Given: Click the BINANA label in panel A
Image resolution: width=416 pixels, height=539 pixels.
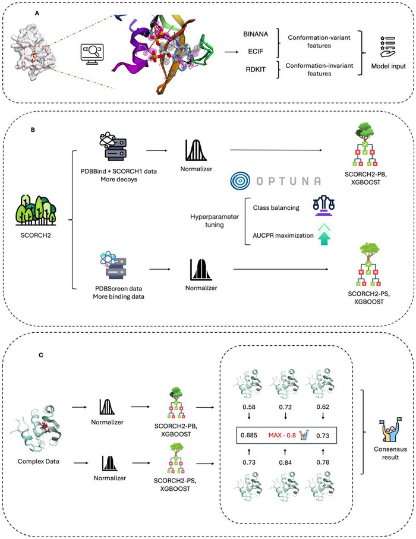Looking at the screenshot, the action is pyautogui.click(x=256, y=34).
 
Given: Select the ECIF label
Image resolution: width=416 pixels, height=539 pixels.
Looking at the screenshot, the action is pyautogui.click(x=256, y=51).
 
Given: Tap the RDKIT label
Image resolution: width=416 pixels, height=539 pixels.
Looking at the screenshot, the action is pyautogui.click(x=256, y=70).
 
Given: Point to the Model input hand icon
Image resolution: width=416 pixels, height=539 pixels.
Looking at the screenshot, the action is pyautogui.click(x=388, y=47).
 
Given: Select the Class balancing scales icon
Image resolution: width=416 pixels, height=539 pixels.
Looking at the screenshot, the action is pyautogui.click(x=323, y=206).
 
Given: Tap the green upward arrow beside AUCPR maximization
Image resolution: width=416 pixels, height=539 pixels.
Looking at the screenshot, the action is pyautogui.click(x=323, y=234).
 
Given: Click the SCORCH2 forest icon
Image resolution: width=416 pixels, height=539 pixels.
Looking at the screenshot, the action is pyautogui.click(x=36, y=210).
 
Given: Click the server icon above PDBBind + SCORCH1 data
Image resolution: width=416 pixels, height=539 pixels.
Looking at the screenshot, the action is pyautogui.click(x=113, y=147).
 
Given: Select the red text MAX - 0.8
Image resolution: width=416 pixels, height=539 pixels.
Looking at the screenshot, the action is pyautogui.click(x=282, y=435).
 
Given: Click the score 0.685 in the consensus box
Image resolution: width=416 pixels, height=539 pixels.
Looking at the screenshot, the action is pyautogui.click(x=249, y=435).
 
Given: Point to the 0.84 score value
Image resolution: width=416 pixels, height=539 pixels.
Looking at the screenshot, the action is pyautogui.click(x=285, y=462).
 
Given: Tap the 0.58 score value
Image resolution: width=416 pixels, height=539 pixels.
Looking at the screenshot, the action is pyautogui.click(x=249, y=407).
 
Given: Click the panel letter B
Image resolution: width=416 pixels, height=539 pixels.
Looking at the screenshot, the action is pyautogui.click(x=33, y=130).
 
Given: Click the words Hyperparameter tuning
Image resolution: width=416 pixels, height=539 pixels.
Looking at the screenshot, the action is pyautogui.click(x=215, y=220).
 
